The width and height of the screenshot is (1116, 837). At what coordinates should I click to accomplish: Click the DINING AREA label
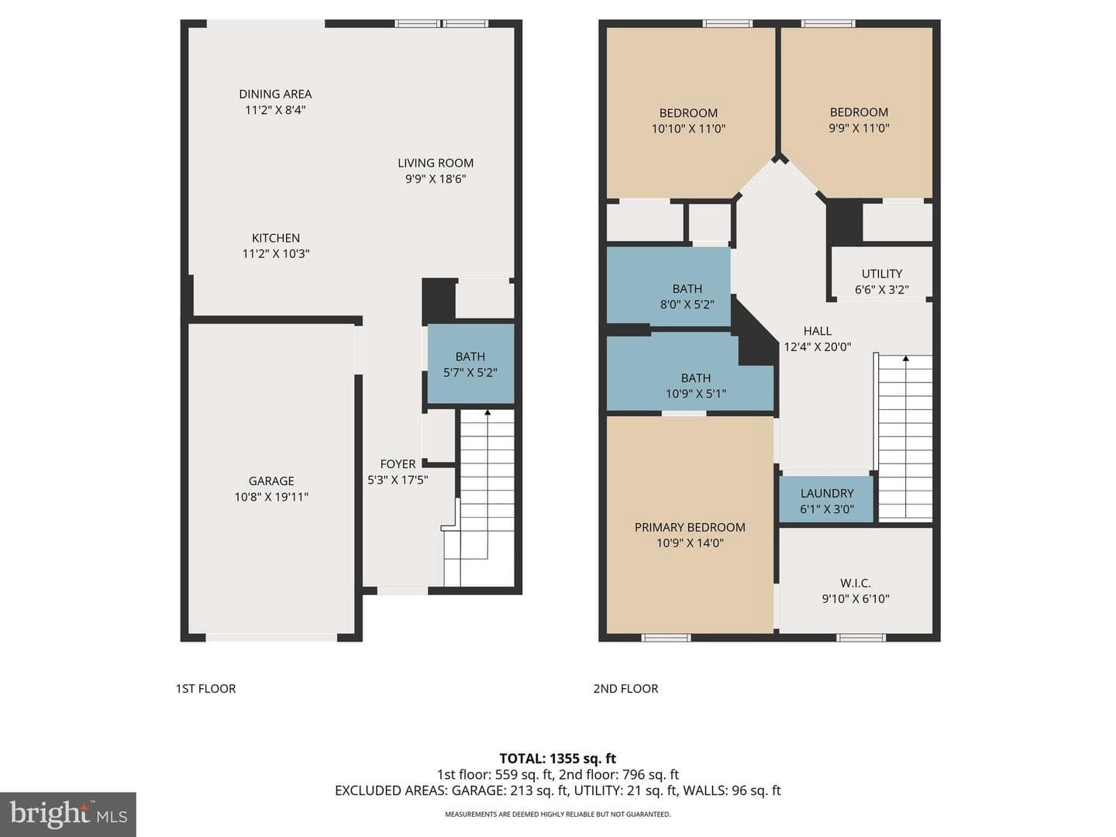(x=275, y=94)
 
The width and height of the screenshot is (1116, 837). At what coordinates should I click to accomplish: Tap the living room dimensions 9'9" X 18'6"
(x=436, y=179)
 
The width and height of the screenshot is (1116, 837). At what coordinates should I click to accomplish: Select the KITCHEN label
(x=276, y=238)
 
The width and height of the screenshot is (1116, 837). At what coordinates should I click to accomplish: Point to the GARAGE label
(x=271, y=480)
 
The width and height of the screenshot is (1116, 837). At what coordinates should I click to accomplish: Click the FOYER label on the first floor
(x=398, y=464)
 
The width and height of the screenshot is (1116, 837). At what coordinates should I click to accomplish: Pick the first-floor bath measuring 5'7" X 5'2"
(x=470, y=364)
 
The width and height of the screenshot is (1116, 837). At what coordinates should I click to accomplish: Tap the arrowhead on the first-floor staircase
(x=487, y=412)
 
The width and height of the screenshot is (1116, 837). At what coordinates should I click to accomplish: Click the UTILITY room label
(x=882, y=274)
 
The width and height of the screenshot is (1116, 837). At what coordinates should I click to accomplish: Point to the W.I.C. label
(x=856, y=583)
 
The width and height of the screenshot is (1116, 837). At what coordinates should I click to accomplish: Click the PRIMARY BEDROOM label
(x=690, y=527)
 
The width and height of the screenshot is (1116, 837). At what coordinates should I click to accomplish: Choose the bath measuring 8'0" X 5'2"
(x=669, y=286)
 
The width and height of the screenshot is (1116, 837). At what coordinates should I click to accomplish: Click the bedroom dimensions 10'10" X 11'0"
(x=688, y=129)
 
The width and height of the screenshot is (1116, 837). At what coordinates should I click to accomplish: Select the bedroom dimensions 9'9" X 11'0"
(x=859, y=128)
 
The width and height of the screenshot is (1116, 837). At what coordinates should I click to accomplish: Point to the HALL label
(x=818, y=331)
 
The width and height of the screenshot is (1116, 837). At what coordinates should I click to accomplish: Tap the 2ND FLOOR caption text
(x=625, y=689)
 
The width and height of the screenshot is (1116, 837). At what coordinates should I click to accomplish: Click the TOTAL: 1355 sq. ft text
(x=558, y=759)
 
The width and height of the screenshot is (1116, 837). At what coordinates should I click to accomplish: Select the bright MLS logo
(x=68, y=815)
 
